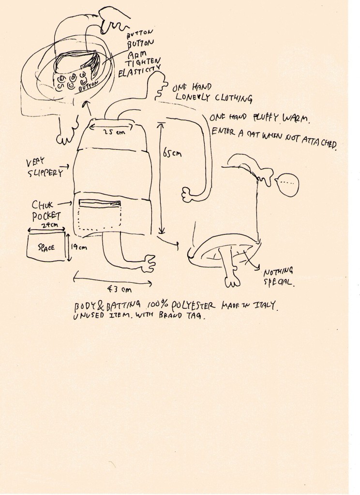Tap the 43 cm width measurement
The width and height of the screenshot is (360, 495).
click(119, 290)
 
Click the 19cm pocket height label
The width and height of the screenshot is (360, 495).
click(79, 247)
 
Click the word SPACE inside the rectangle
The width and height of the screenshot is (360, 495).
click(46, 247)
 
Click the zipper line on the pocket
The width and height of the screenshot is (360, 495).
click(100, 203)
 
